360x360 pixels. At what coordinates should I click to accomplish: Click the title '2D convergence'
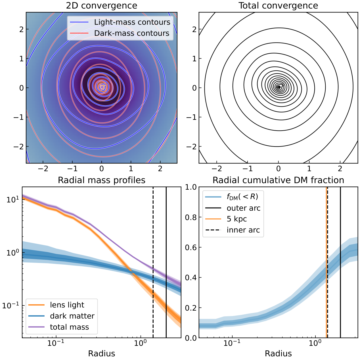pos(101,6)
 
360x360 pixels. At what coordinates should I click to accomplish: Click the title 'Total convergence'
pos(278,6)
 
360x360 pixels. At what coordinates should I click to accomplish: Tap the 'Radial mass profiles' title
pos(101,180)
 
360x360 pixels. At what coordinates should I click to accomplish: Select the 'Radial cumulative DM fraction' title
pos(278,180)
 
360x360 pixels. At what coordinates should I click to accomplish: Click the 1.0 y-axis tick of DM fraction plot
pos(191,187)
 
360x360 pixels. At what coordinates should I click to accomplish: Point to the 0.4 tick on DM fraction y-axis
pos(191,278)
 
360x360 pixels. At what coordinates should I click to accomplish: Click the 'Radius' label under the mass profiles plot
pos(101,354)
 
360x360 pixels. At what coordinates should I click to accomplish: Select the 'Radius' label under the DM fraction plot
pos(278,354)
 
